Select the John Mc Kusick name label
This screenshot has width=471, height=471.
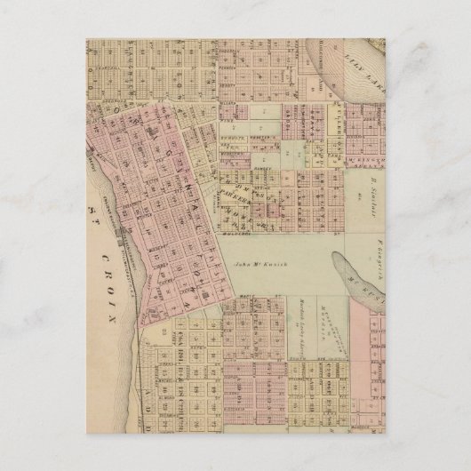click(x=258, y=264)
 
